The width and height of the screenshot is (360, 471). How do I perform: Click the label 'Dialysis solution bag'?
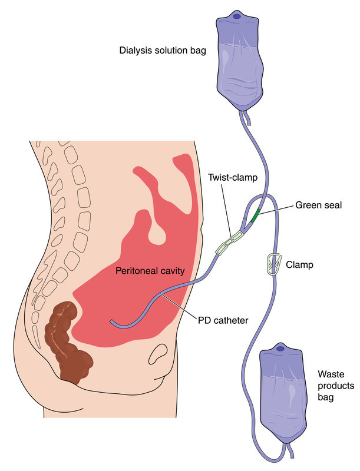pos(161,50)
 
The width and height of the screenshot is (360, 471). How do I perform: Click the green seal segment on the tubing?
pos(254,216)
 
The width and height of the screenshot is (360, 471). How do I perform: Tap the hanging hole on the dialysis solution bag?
pos(236,16)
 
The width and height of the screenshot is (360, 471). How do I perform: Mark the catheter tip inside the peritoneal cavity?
pos(112,321)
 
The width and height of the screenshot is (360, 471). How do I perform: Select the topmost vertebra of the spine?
pos(39,144)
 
